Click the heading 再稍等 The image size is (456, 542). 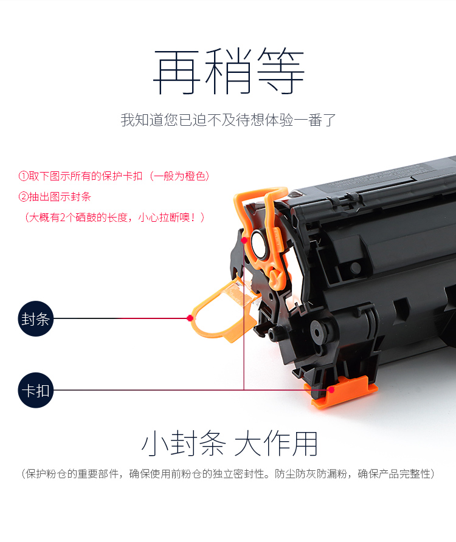[x=229, y=72]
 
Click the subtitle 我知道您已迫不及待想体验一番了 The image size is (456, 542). [x=229, y=120]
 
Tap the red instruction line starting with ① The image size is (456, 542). [x=114, y=176]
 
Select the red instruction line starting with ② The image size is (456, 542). [x=54, y=197]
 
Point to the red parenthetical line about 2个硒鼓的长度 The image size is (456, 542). [x=114, y=218]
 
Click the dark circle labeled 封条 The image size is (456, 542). [x=36, y=318]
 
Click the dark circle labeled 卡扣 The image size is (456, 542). [x=36, y=390]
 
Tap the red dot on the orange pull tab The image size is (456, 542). [x=190, y=318]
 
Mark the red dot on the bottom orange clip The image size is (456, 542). [x=331, y=390]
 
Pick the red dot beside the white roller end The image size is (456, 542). [x=244, y=240]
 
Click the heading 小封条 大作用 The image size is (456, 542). [x=229, y=444]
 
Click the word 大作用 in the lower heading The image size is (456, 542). [x=276, y=444]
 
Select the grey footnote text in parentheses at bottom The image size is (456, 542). [x=228, y=473]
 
